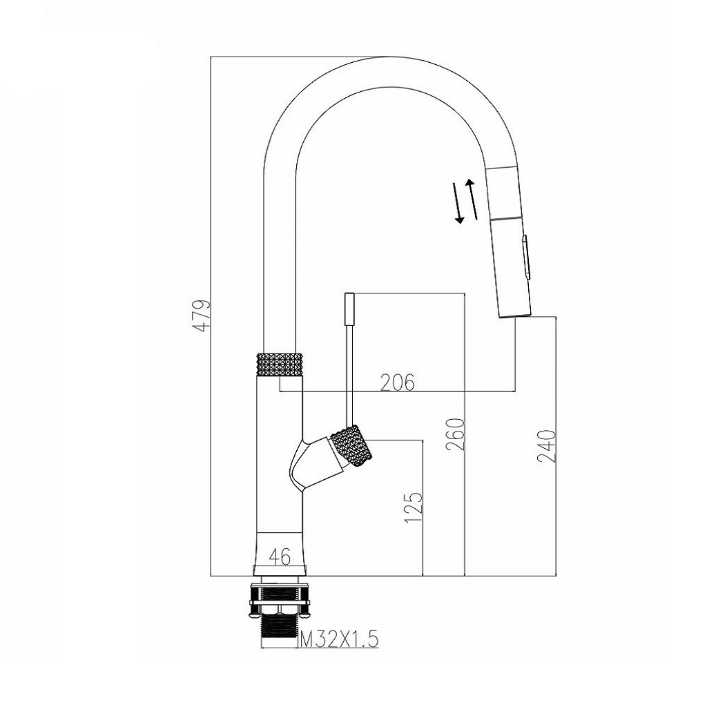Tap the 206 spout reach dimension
click(x=398, y=382)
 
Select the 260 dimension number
click(x=454, y=434)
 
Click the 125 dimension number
click(x=414, y=507)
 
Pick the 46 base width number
click(x=280, y=557)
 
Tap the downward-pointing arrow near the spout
click(x=458, y=204)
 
